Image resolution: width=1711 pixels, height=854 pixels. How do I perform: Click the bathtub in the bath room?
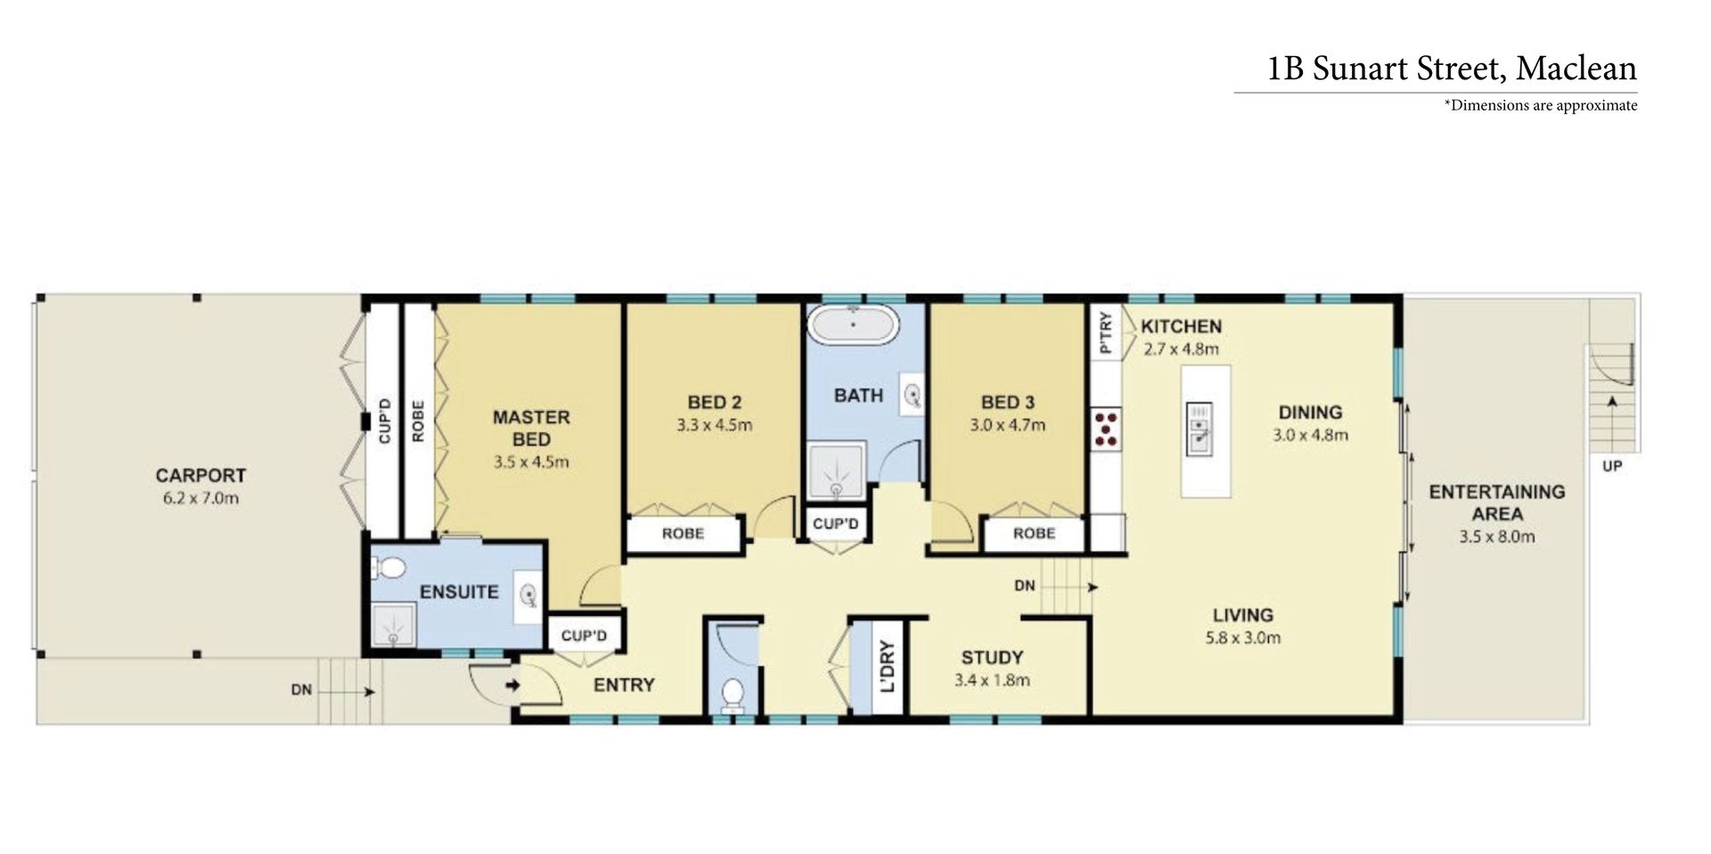click(853, 324)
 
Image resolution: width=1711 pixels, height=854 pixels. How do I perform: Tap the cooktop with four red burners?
click(1106, 428)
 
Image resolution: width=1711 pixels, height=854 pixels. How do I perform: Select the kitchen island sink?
click(1199, 428)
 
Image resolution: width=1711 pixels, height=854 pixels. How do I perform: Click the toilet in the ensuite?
click(389, 567)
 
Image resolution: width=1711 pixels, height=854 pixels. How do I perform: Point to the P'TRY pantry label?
click(1106, 333)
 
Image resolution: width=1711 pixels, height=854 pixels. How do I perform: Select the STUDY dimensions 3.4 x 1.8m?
click(992, 680)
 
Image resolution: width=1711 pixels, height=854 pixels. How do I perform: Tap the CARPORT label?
click(201, 475)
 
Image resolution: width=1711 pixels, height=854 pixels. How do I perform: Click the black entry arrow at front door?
click(513, 686)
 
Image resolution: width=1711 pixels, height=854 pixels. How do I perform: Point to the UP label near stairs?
click(1612, 465)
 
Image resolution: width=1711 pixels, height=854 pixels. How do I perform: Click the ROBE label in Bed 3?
click(1034, 533)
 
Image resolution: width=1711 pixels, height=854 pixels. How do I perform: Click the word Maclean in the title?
click(1576, 69)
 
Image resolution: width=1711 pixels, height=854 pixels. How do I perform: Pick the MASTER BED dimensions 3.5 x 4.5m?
click(531, 463)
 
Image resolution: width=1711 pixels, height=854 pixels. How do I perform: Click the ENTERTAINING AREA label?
click(1497, 503)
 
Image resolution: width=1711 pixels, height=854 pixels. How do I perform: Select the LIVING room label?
click(1243, 615)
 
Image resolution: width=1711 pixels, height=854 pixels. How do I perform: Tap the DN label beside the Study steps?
click(1025, 586)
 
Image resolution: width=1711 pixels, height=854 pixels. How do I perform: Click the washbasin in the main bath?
click(913, 395)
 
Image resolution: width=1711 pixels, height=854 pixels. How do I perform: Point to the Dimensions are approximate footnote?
click(1541, 105)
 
